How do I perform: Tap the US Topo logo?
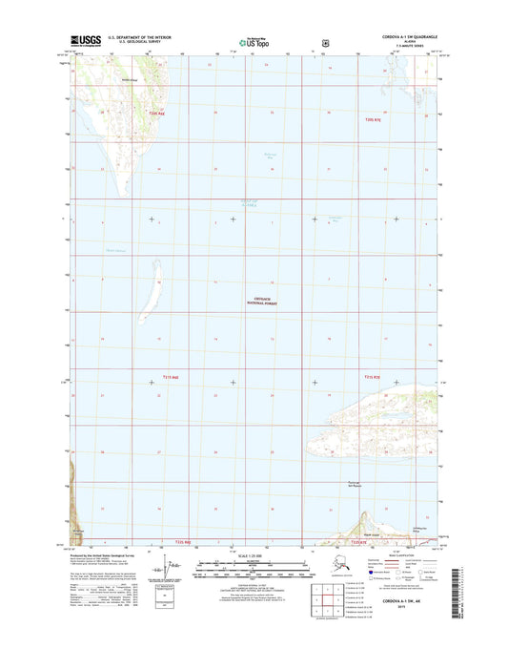pyautogui.click(x=254, y=42)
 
